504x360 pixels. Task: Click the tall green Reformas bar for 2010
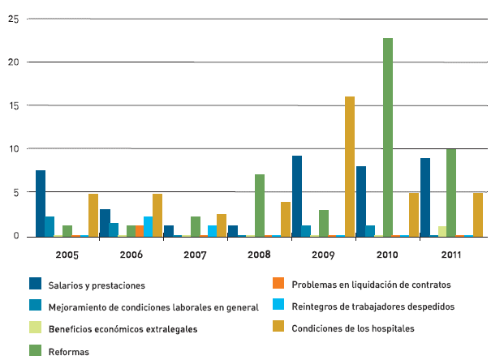(388, 137)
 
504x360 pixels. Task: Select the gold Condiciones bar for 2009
(350, 166)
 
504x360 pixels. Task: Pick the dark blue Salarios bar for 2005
(41, 203)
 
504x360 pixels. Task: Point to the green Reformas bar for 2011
(451, 192)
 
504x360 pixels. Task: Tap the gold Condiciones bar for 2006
(157, 215)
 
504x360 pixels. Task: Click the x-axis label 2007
(195, 255)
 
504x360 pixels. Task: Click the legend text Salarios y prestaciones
(97, 285)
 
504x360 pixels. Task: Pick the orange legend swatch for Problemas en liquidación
(278, 285)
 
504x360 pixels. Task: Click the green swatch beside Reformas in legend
(35, 351)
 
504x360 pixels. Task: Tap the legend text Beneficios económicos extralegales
(123, 329)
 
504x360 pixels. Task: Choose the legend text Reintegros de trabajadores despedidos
(373, 306)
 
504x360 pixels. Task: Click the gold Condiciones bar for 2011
(478, 214)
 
